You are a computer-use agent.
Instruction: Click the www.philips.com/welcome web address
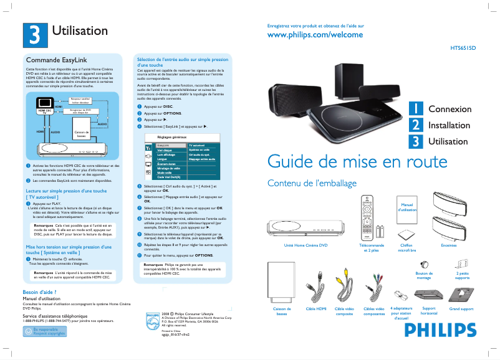(314, 35)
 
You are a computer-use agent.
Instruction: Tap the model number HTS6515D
(463, 47)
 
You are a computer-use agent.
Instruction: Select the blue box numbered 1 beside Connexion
(415, 109)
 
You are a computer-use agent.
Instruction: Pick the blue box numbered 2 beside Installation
(415, 125)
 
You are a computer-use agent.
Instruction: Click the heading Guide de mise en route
(356, 161)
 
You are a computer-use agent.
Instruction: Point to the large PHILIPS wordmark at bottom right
(446, 328)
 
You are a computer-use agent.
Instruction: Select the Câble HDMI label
(316, 309)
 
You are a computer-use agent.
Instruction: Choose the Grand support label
(461, 309)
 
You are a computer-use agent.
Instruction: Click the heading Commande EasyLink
(47, 60)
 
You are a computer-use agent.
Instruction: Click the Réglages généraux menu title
(171, 136)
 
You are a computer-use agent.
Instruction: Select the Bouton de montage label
(424, 275)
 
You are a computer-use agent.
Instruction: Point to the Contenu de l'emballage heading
(312, 183)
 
